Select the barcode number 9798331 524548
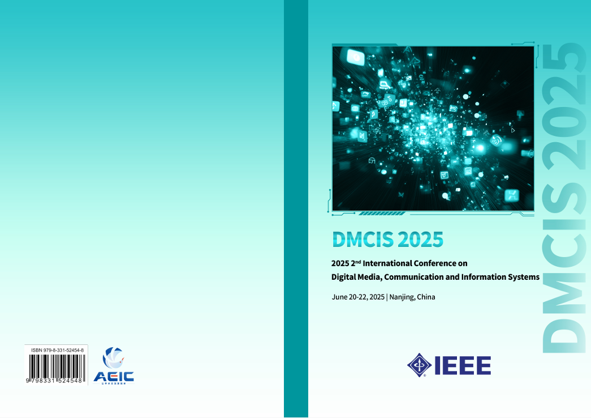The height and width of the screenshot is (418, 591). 55,382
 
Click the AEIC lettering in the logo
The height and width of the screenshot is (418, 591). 114,376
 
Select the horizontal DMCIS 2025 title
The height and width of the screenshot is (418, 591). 387,240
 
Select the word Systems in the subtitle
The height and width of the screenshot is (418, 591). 523,278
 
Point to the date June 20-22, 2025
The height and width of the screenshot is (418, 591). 358,297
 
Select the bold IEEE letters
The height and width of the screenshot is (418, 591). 462,366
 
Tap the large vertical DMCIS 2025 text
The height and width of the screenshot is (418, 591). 563,198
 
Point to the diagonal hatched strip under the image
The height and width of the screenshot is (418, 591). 382,214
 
